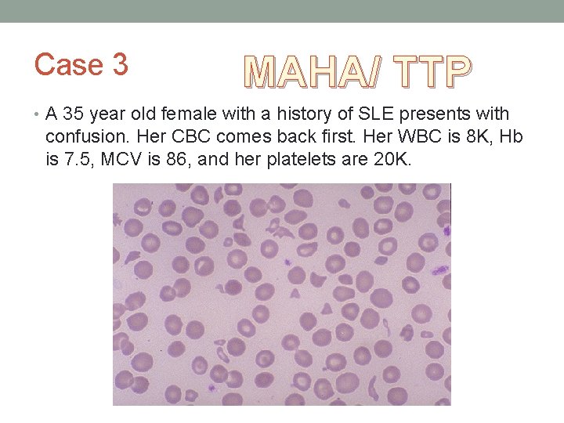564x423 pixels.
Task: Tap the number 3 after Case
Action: (x=120, y=65)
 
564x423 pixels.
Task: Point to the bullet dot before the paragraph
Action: (x=38, y=115)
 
